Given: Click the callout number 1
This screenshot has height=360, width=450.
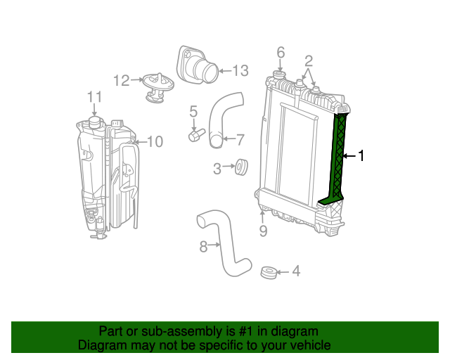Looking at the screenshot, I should click(361, 156).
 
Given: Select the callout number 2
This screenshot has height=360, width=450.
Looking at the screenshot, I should click(308, 61).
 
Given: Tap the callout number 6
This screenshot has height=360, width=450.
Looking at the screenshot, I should click(281, 53).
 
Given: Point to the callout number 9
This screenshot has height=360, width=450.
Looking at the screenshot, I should click(263, 231).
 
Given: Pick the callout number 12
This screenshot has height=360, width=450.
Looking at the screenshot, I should click(121, 81).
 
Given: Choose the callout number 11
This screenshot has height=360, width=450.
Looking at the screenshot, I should click(94, 97).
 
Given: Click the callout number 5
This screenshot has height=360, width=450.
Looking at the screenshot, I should click(193, 111).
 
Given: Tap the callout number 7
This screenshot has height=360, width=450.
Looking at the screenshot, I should click(239, 139).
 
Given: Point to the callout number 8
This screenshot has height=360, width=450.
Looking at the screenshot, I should click(203, 247).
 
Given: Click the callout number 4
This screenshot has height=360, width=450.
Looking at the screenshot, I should click(296, 271).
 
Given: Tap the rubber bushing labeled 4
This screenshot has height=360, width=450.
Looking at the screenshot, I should click(267, 271).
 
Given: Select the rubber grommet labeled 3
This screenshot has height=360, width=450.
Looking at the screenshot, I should click(240, 167).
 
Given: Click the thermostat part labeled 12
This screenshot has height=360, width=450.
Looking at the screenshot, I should click(155, 86).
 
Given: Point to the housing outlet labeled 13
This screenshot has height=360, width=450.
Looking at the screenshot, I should click(200, 67).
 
